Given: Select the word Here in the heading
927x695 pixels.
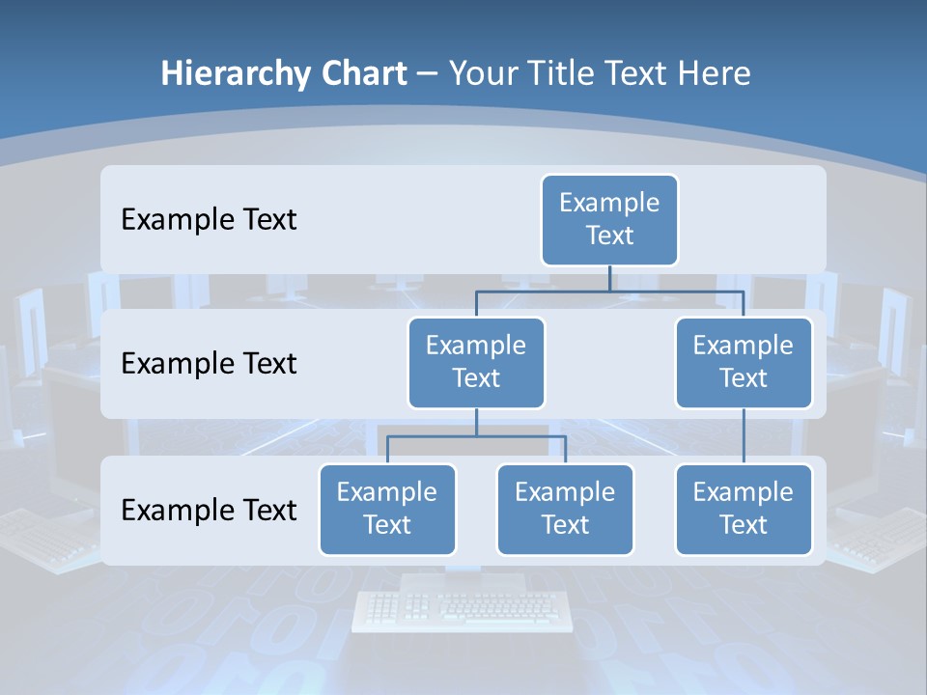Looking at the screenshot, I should point(715,73).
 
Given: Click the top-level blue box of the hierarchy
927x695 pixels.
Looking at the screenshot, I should point(609,219).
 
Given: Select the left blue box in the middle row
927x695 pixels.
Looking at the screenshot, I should point(476,362).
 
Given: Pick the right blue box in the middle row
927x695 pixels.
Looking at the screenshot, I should point(744,362).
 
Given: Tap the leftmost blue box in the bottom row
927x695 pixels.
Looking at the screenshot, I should point(387,509).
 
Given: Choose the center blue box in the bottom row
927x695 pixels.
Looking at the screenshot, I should point(565,509).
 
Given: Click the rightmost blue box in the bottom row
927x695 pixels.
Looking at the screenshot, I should point(744,509).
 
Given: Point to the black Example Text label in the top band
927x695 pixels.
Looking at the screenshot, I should point(209,220).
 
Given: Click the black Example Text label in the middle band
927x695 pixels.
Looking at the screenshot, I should point(209,364).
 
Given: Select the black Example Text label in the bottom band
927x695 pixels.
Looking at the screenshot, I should point(209,510).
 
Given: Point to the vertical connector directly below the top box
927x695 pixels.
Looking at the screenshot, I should point(609,278).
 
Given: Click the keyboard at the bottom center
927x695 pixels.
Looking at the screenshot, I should point(463,609).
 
